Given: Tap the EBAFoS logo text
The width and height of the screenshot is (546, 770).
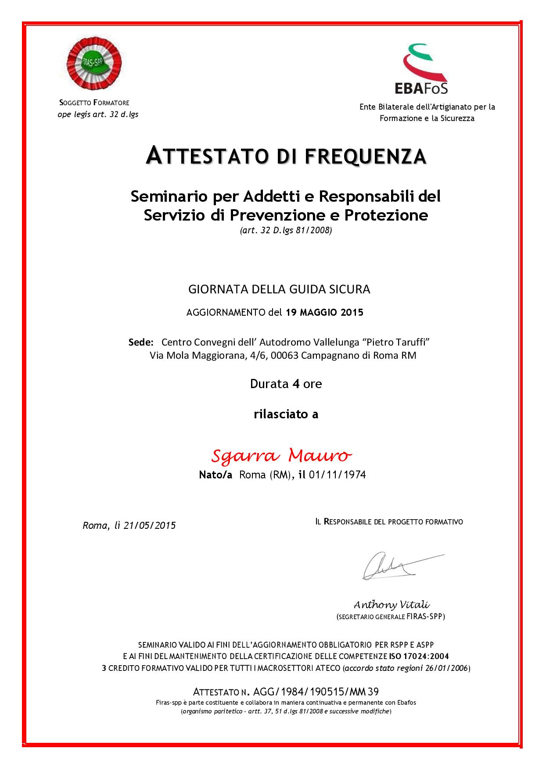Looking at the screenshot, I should pyautogui.click(x=421, y=88).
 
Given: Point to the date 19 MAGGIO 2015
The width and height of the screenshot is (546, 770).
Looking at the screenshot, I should pyautogui.click(x=324, y=313).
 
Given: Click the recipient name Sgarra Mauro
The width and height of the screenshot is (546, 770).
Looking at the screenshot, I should pyautogui.click(x=281, y=456).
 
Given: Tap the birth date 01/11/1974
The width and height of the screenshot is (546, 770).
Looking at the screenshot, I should pyautogui.click(x=338, y=475).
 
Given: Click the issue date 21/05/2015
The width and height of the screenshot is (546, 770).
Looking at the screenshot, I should pyautogui.click(x=150, y=525).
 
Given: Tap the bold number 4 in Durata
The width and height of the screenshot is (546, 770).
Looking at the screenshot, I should pyautogui.click(x=296, y=384).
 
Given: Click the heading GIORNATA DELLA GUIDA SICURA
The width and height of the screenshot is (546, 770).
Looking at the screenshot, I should pyautogui.click(x=279, y=289).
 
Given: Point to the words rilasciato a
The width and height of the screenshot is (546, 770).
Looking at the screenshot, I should pyautogui.click(x=286, y=414).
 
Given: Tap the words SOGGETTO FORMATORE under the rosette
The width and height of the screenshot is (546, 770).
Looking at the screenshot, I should pyautogui.click(x=94, y=103).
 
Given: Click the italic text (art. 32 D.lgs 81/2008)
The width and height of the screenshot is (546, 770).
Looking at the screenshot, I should pyautogui.click(x=286, y=230).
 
